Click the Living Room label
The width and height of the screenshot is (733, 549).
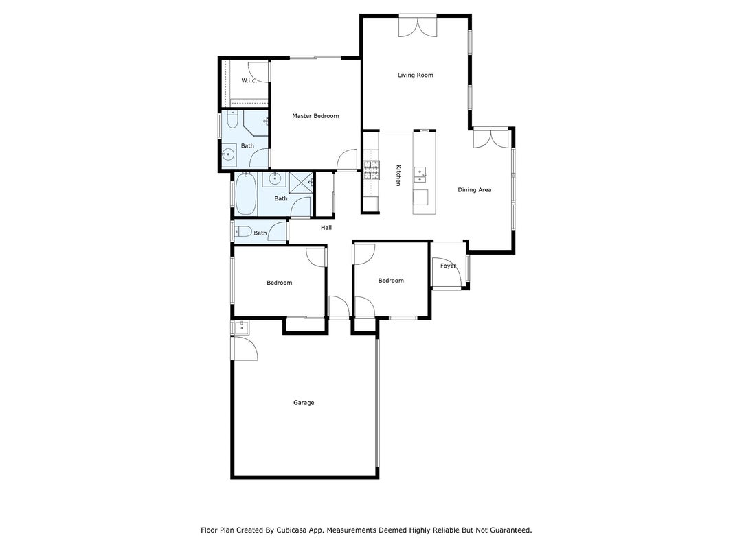415,75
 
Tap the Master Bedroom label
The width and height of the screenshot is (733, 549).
315,116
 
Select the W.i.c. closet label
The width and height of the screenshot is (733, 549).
249,80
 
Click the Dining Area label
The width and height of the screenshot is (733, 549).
474,189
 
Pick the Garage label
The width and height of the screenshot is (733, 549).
304,402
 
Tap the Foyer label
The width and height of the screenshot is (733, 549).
448,266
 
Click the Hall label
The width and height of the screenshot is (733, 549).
326,227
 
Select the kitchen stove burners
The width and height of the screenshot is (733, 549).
372,170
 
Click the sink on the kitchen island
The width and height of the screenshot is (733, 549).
420,174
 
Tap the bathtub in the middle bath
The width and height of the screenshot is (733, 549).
245,194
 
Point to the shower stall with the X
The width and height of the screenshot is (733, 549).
301,182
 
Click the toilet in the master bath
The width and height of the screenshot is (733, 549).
232,119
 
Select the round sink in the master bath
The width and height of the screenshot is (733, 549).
228,154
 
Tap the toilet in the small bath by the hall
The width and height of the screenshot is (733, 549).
243,231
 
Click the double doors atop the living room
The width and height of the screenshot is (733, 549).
418,25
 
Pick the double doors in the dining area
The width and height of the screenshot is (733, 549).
491,138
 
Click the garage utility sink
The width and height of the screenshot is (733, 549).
241,328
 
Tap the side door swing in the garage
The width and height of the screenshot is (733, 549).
245,348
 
